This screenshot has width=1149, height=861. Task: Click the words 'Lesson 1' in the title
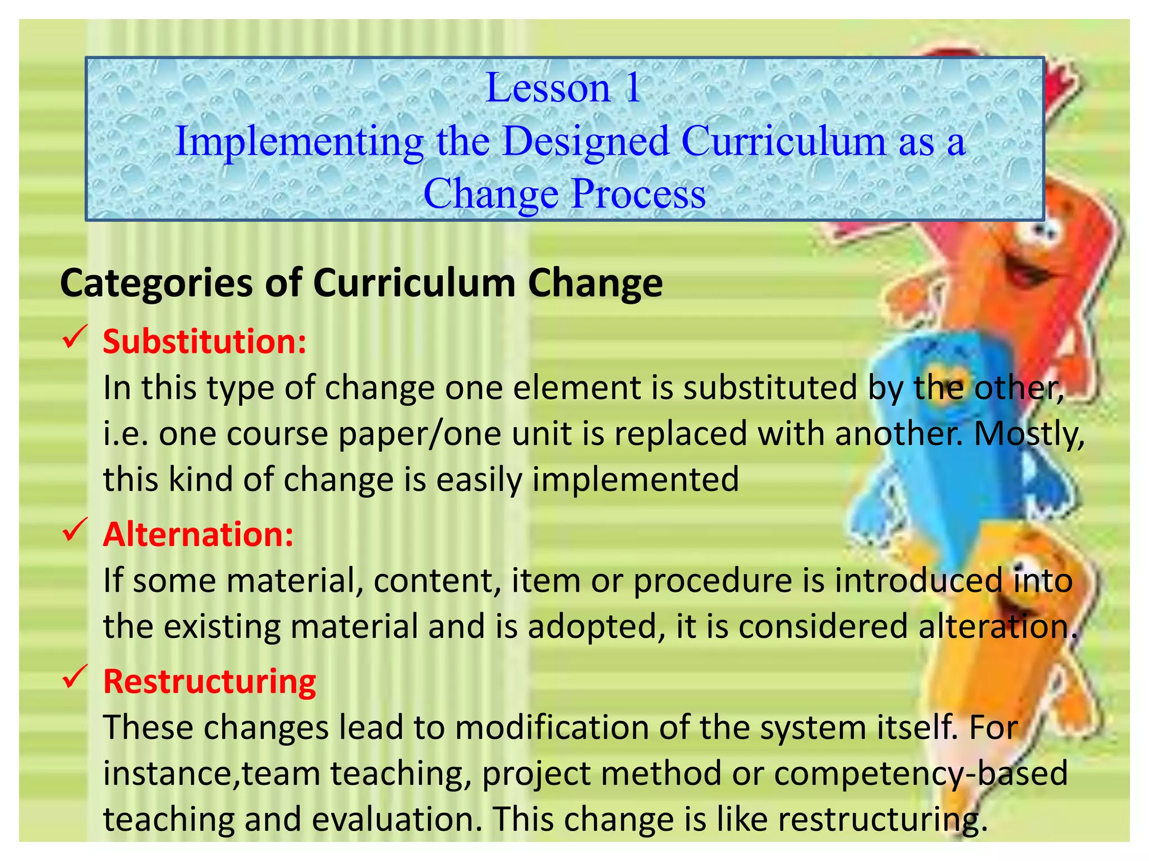[563, 88]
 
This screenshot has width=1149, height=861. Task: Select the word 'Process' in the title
[638, 194]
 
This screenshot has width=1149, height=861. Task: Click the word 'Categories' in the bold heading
[157, 284]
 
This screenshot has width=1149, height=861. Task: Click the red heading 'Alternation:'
[198, 534]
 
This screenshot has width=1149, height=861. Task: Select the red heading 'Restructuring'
[210, 682]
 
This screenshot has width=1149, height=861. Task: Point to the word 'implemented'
[635, 480]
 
